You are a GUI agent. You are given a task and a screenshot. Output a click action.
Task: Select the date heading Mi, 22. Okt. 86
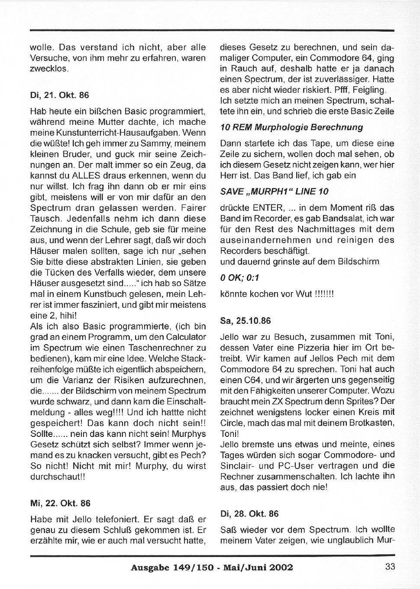[60, 503]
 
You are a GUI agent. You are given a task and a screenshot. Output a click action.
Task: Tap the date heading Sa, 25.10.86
[246, 321]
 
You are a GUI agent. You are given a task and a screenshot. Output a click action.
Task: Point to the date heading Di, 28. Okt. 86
[249, 514]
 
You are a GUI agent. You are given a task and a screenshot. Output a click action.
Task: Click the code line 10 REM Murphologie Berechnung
[291, 127]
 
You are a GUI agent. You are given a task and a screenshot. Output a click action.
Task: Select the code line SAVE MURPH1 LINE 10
[274, 191]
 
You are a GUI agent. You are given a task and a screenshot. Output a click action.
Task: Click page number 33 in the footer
[390, 566]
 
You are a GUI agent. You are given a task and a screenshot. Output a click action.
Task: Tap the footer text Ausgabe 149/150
[172, 567]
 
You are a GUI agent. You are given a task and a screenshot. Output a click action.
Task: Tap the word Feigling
[369, 90]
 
